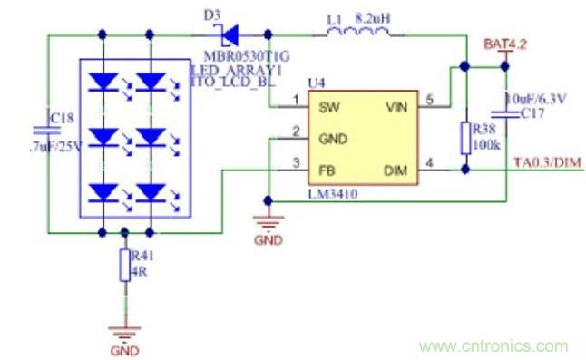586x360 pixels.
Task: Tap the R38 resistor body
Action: click(465, 138)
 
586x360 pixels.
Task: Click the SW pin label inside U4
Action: click(327, 107)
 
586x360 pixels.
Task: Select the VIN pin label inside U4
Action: click(396, 107)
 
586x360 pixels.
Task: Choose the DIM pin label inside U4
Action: click(397, 169)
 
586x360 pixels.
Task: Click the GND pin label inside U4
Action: click(331, 138)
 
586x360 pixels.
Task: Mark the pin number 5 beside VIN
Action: click(430, 98)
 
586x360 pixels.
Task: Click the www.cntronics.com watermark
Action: click(494, 346)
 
